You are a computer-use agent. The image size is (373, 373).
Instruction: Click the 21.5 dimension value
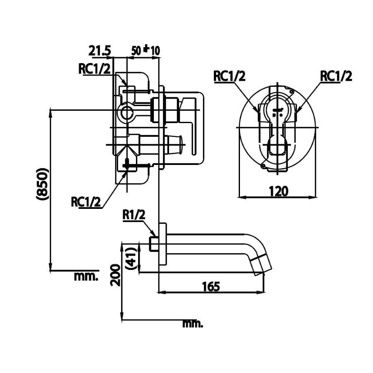tap(100, 51)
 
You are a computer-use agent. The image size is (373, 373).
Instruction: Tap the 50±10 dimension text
tap(146, 51)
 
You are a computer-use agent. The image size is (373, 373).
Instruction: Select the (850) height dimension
tap(43, 184)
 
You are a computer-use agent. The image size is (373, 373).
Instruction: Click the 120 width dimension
tap(278, 191)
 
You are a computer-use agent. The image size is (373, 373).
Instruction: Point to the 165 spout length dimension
tap(211, 286)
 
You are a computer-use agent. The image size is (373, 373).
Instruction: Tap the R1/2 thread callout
tap(133, 214)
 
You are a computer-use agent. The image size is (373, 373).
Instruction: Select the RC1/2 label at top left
tap(95, 69)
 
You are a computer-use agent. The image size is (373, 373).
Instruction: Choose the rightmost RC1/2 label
tap(336, 76)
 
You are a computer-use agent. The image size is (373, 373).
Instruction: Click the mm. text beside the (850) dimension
tap(86, 276)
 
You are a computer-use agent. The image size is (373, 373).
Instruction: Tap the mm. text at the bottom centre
tap(193, 323)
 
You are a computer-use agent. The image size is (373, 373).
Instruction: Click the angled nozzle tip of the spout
tap(262, 265)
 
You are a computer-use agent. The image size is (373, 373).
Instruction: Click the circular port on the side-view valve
tap(126, 111)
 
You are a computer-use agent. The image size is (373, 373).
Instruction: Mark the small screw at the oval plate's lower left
tap(263, 166)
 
